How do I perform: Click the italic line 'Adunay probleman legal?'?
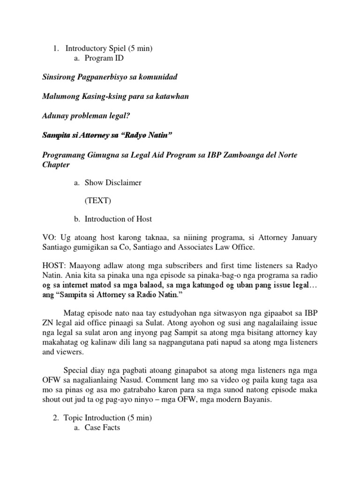[83, 116]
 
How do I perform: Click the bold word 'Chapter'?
[56, 165]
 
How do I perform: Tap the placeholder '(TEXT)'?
[98, 201]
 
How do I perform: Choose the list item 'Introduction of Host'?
[118, 219]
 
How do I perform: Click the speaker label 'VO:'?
[49, 238]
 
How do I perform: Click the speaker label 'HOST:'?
[54, 265]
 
